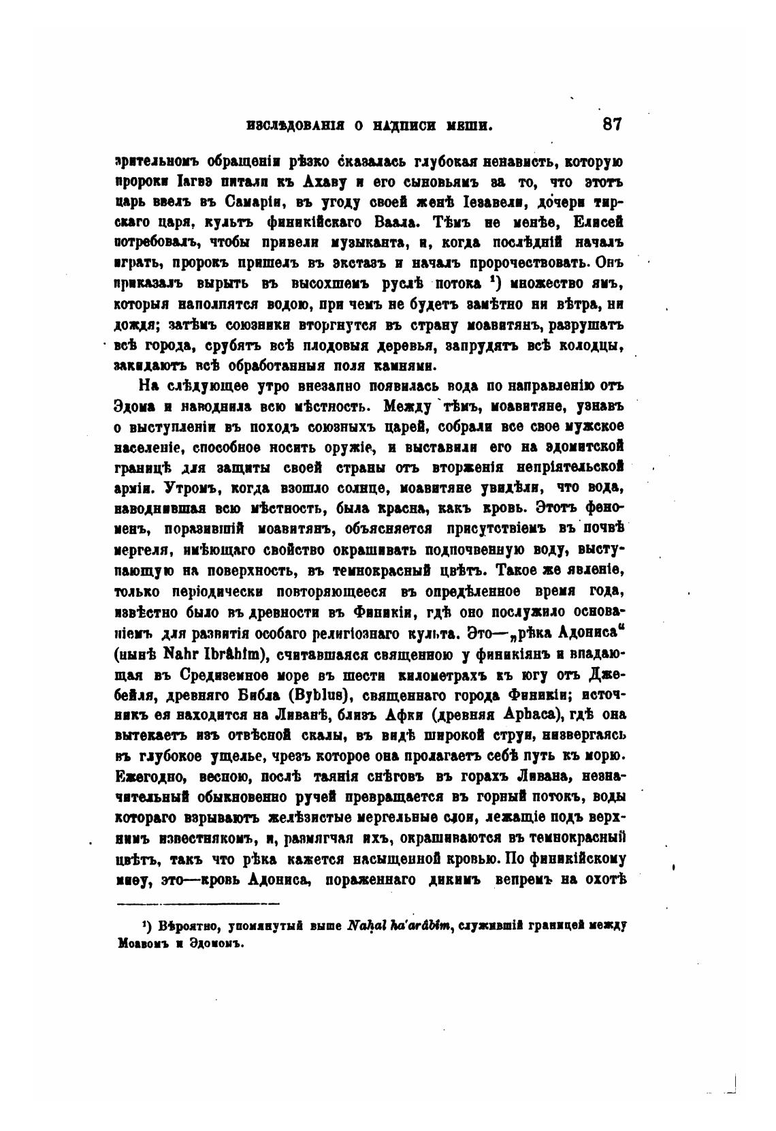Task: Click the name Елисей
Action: tap(599, 223)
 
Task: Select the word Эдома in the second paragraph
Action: tap(133, 408)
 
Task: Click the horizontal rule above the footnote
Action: tap(198, 904)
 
